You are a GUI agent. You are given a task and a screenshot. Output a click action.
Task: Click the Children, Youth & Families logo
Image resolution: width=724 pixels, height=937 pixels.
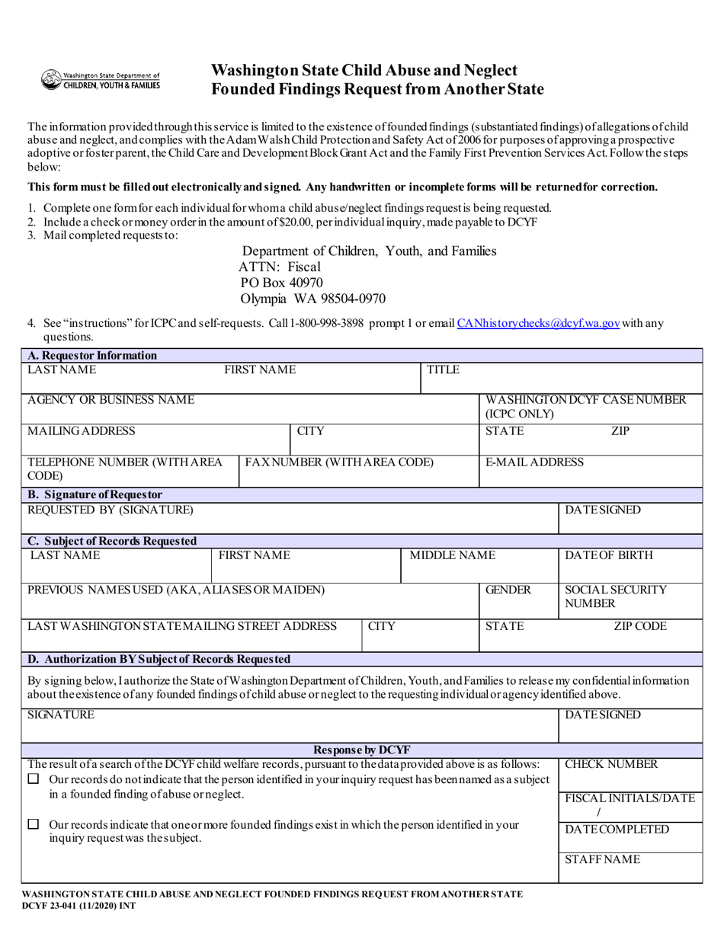[x=101, y=80]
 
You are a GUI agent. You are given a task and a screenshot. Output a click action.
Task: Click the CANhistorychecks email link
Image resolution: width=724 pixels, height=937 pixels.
[x=538, y=323]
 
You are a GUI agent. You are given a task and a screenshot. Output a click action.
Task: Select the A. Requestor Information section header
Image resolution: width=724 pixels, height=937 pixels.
[x=91, y=355]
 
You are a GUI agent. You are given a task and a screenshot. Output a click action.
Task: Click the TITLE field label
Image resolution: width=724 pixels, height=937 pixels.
[x=443, y=369]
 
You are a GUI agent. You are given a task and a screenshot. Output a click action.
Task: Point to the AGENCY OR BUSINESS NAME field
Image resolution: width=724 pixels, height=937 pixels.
[x=111, y=400]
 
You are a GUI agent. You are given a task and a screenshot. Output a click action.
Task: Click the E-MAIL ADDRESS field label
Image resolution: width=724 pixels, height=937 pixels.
[x=534, y=462]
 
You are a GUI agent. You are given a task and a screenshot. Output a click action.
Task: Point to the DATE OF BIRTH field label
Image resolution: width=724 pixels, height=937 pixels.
[x=608, y=555]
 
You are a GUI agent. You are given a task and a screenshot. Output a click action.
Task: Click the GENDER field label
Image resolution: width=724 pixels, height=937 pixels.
[x=508, y=590]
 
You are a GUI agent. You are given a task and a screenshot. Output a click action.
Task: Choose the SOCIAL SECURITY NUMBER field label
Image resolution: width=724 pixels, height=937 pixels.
[x=615, y=596]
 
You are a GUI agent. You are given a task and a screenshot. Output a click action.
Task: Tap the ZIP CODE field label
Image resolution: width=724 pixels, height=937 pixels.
[x=639, y=626]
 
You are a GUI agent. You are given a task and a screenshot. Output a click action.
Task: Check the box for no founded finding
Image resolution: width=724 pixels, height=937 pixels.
[x=33, y=779]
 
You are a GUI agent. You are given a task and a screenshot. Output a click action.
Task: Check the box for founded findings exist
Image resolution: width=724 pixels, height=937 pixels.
[x=33, y=824]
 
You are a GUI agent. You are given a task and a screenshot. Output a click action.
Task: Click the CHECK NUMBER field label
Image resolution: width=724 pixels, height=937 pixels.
[x=610, y=765]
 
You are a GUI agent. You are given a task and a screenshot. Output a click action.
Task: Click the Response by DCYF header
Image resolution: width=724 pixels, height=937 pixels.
[x=362, y=750]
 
